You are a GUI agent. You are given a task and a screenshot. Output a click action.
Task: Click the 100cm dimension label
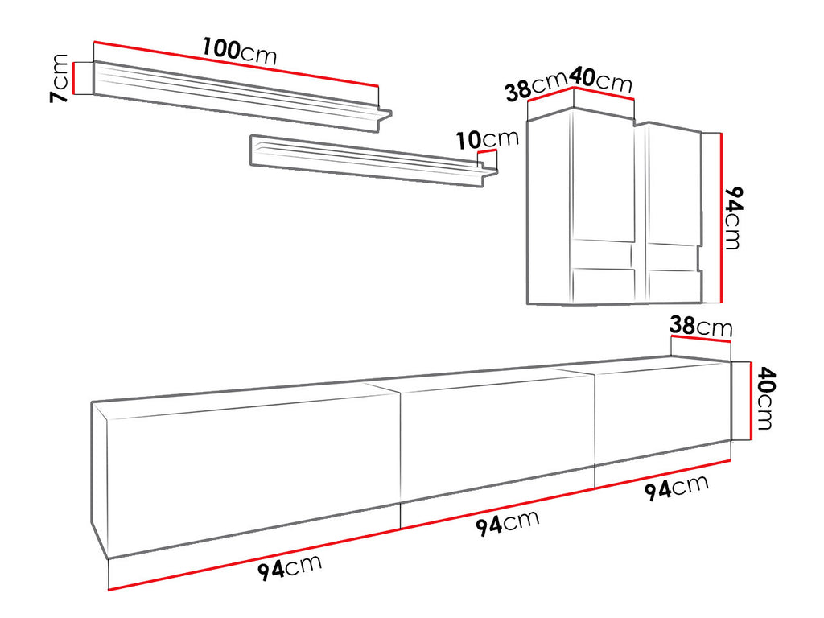[240, 52]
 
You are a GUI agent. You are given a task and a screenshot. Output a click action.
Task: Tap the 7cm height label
[59, 78]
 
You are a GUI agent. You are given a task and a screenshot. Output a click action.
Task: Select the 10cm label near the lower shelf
[487, 138]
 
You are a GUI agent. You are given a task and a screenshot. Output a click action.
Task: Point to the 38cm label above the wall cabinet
[536, 87]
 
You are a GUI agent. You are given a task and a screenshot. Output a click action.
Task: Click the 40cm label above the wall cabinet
[600, 80]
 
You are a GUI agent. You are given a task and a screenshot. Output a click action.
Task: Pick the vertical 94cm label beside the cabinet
[734, 217]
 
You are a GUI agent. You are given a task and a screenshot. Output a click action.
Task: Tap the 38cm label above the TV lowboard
[701, 326]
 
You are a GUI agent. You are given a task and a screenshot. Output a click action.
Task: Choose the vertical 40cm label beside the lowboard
[765, 398]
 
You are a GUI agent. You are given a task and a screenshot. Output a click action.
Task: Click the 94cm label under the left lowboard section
[290, 567]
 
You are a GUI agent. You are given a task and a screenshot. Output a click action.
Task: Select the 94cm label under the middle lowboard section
[508, 523]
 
